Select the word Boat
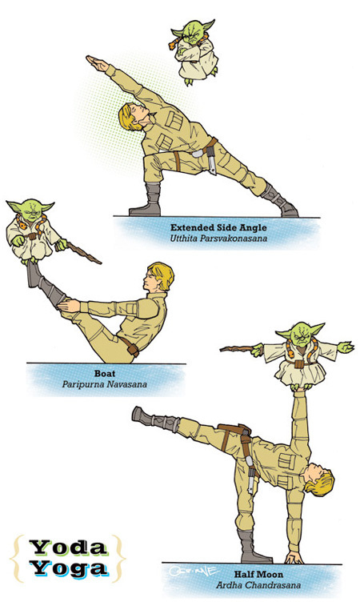[105, 374]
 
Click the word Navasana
[129, 384]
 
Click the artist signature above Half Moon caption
[194, 570]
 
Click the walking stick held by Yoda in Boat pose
[84, 253]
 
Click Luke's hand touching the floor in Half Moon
[294, 557]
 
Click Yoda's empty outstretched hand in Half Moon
[346, 347]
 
